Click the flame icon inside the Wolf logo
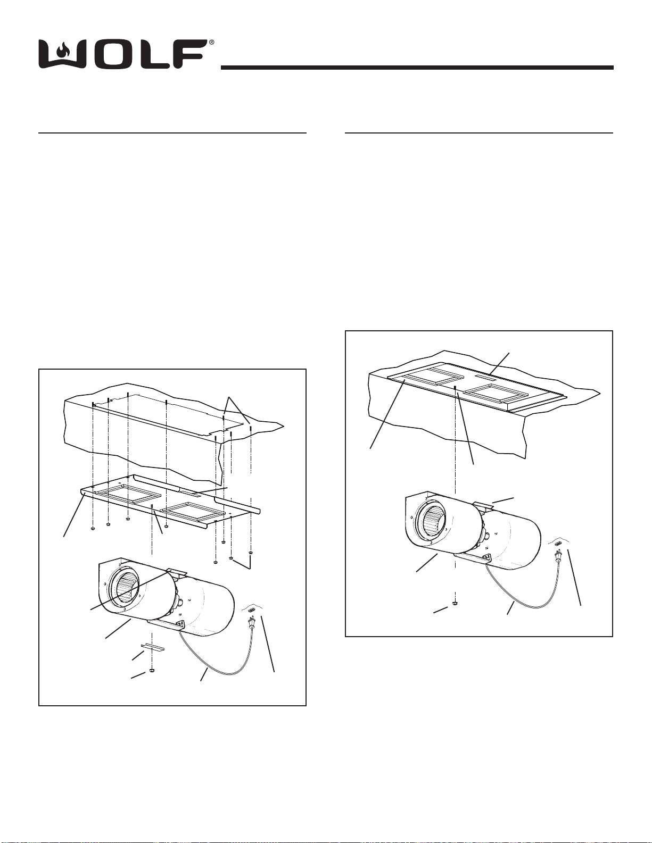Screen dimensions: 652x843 click(x=62, y=51)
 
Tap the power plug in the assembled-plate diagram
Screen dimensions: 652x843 click(x=559, y=558)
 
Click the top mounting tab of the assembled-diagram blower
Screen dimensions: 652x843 click(x=482, y=505)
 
